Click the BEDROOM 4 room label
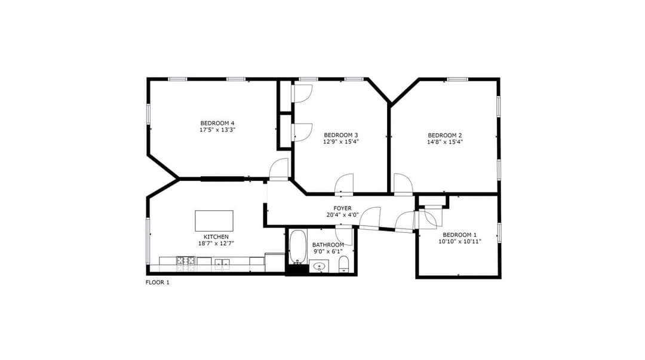[x=217, y=123]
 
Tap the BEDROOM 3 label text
[x=340, y=135]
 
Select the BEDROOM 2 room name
[x=445, y=136]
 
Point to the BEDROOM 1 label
[x=459, y=235]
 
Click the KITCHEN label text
[x=216, y=236]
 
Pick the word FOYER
[x=342, y=208]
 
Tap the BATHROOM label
[x=328, y=245]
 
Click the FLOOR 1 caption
[x=158, y=282]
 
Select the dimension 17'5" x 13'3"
[x=217, y=130]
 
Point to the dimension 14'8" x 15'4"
[x=445, y=142]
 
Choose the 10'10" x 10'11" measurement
[x=459, y=242]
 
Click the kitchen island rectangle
[x=214, y=221]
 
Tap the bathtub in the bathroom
[x=297, y=246]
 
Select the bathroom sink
[x=319, y=266]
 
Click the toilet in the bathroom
[x=343, y=264]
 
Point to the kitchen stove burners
[x=186, y=260]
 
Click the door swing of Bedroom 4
[x=279, y=170]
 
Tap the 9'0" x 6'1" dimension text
[x=328, y=251]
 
